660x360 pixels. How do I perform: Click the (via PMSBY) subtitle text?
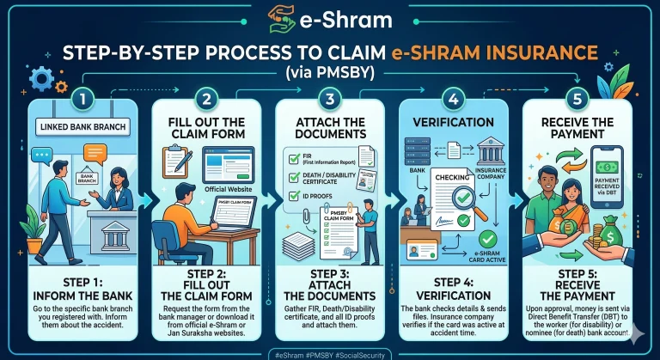coord(330,73)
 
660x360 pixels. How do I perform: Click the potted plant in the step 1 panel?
coord(33,229)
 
